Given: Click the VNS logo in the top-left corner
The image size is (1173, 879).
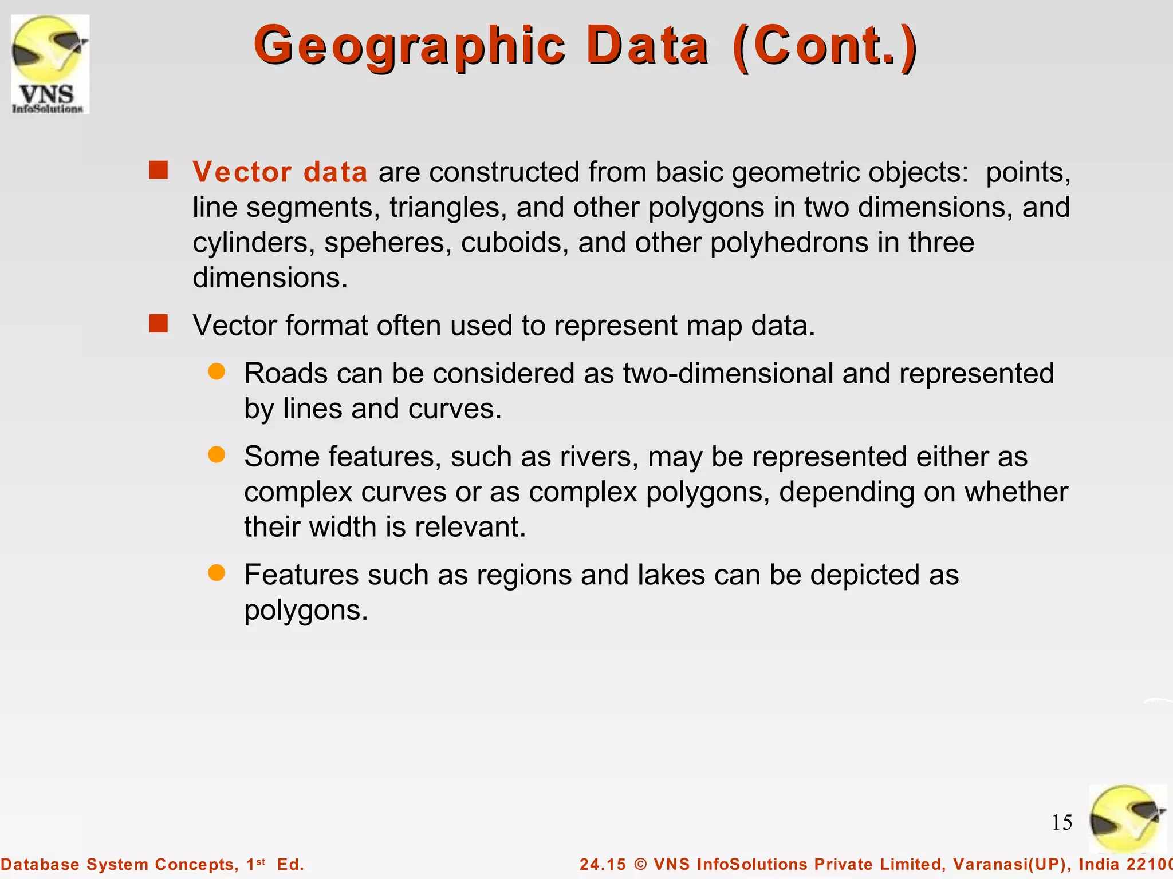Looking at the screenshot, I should click(50, 64).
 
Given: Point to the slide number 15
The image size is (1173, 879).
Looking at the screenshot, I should click(1061, 823).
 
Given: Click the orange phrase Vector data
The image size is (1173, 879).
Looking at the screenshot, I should click(280, 172).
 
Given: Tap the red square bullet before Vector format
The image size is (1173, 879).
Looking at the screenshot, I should click(159, 323).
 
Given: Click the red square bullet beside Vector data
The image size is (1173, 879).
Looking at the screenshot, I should click(159, 170).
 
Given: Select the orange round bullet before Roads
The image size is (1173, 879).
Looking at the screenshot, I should click(217, 371).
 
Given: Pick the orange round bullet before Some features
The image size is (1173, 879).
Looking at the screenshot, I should click(217, 455).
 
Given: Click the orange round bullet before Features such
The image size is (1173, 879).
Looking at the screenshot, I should click(217, 573).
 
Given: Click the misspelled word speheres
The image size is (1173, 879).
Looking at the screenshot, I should click(388, 243).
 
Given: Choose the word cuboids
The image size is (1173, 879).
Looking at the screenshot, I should click(514, 243).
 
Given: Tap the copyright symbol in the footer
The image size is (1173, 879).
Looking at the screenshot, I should click(640, 864).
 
